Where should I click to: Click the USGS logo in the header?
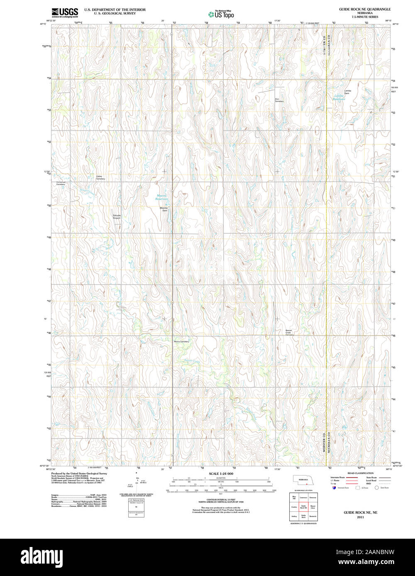[x=64, y=12]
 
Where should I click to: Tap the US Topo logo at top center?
[x=221, y=14]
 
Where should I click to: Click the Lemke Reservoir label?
[x=340, y=97]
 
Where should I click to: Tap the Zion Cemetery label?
[x=279, y=100]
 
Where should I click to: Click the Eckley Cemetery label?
[x=100, y=178]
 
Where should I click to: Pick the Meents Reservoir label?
[x=162, y=197]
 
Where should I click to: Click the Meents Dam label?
[x=165, y=209]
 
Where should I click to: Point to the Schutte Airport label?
[x=117, y=216]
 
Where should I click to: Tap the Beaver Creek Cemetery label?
[x=289, y=332]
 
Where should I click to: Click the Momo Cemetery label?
[x=181, y=341]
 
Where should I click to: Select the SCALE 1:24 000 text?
[x=221, y=473]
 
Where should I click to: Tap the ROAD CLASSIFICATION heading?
[x=360, y=473]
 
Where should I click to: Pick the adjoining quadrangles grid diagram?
[x=303, y=506]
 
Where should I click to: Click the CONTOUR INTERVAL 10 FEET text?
[x=221, y=500]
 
